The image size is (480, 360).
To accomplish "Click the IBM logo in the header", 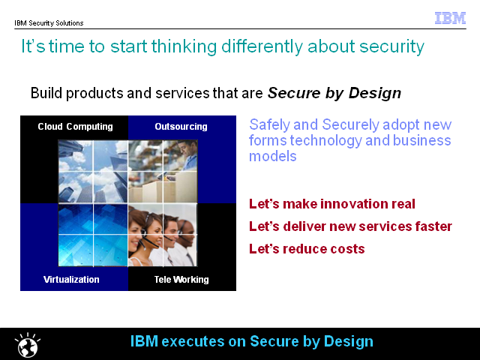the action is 450,18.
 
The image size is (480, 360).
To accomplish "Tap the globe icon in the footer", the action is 28,345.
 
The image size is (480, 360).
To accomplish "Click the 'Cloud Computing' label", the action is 75,127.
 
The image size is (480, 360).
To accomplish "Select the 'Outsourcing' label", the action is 181,127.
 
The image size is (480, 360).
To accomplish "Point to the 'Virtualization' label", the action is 71,280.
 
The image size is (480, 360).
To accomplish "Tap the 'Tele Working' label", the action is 181,280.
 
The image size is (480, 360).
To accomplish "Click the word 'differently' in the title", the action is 262,46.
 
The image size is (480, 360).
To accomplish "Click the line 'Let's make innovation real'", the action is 331,204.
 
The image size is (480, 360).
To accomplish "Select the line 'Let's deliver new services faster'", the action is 350,226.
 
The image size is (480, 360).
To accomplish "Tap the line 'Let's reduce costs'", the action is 307,249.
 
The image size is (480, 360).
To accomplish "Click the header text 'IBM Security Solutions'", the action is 49,23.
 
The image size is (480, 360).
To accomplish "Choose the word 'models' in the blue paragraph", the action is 273,157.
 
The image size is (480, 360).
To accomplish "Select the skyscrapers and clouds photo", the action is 93,172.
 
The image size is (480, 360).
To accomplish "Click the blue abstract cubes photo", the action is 93,235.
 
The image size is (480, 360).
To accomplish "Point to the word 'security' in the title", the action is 391,46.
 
